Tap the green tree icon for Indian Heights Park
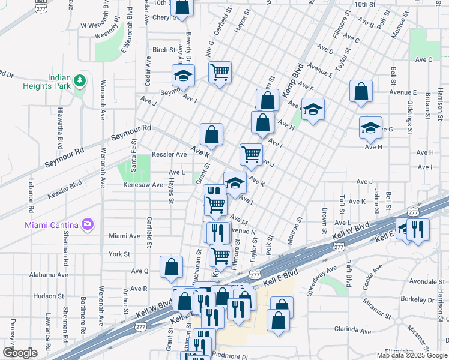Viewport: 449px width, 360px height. tap(78, 81)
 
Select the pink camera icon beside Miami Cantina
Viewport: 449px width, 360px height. tap(88, 224)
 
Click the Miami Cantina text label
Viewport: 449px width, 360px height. tap(52, 225)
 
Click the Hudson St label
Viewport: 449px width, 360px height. tap(44, 296)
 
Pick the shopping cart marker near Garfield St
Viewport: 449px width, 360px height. tap(220, 73)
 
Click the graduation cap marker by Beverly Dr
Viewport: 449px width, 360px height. tap(184, 76)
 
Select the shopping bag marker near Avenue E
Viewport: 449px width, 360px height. tap(362, 91)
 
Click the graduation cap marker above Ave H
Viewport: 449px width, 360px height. tap(370, 127)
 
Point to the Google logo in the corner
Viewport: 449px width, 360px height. tap(20, 353)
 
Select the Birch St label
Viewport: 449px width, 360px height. tap(164, 50)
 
